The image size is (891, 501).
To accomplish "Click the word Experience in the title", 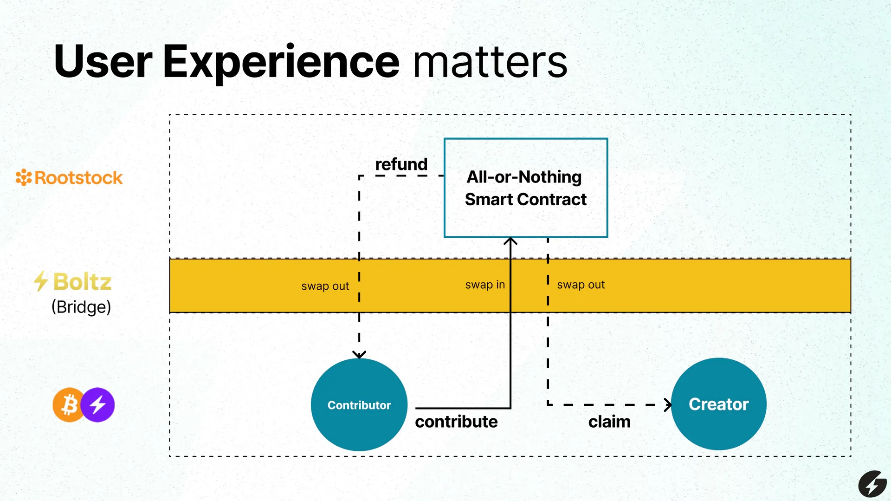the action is coord(281,62).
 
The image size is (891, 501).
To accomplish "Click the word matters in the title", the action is coord(490,61).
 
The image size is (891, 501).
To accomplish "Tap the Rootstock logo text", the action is coord(78,178).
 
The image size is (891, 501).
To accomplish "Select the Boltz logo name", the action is coord(82,282).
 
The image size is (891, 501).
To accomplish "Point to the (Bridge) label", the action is coord(81,307).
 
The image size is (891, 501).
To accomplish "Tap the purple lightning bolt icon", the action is coord(97,405).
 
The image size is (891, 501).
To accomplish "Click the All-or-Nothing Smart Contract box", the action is coord(526,188).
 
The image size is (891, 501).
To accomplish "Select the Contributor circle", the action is coord(359,404).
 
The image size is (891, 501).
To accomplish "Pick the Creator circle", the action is coord(718,404).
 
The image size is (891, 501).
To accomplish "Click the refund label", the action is coord(401,164).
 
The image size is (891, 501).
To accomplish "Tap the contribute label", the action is coord(456,422).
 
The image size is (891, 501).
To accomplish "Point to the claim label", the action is coord(609,422).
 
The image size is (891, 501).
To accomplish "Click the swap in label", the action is coord(485,285).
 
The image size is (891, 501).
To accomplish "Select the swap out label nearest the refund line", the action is coord(325,286).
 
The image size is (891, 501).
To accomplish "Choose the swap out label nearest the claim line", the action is coord(581,285).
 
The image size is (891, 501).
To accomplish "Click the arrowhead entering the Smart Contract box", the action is coord(510,241).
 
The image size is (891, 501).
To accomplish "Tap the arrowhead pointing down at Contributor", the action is coord(359,355).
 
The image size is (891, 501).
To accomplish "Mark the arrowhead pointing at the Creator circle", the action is coord(668,405).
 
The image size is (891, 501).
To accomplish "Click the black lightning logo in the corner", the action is coord(872,484).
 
